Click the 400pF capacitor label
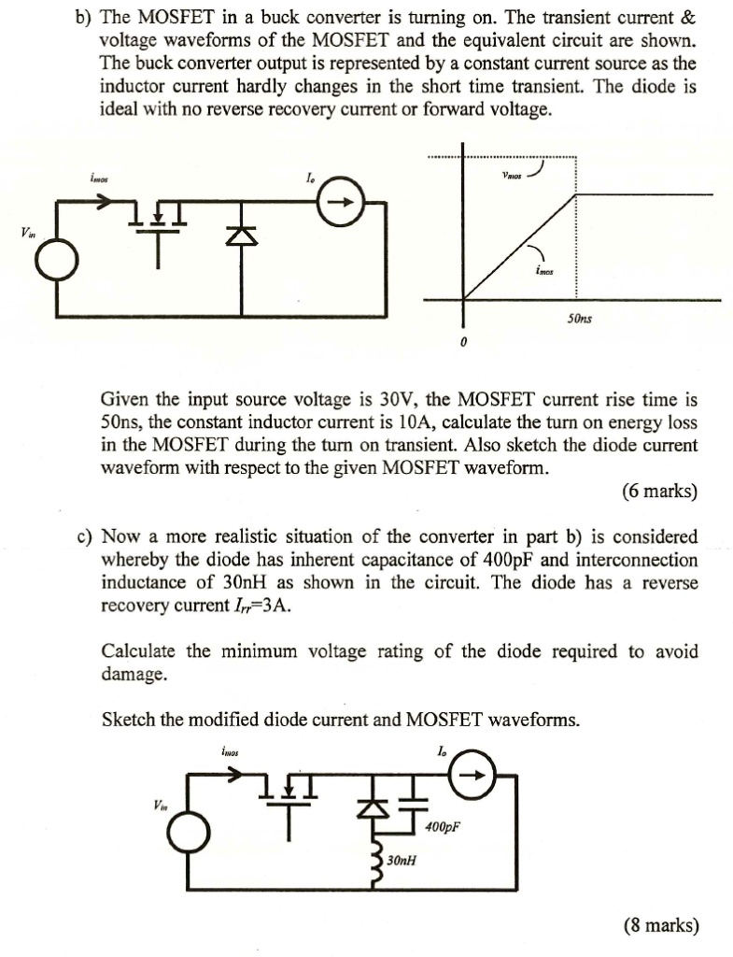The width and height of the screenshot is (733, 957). pos(442,827)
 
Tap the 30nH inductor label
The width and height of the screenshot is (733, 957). pos(402,861)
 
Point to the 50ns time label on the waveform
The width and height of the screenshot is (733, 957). pos(579,319)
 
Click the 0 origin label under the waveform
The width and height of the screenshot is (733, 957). pos(463,344)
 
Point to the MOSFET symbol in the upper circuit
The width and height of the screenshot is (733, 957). pos(159,232)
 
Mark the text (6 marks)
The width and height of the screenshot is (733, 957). pos(660,491)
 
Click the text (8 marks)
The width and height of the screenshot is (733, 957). pos(661,925)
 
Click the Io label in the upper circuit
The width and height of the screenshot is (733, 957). pos(311,179)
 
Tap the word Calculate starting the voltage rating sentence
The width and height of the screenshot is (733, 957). pos(139,651)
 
